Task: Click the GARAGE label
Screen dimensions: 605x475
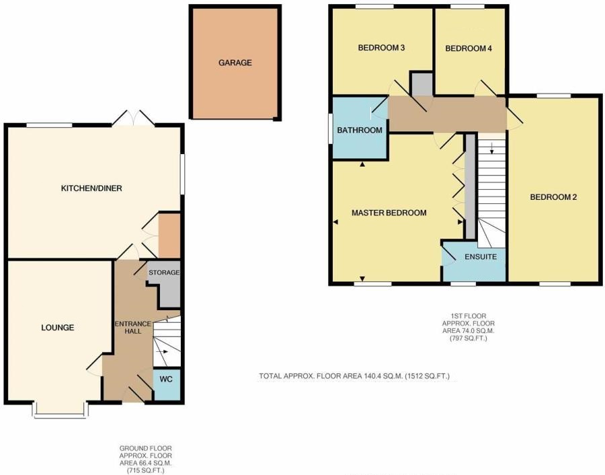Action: (235, 63)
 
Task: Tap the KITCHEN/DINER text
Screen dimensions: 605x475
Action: (91, 188)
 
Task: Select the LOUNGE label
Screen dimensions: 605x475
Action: (58, 328)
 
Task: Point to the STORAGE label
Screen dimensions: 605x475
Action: (164, 272)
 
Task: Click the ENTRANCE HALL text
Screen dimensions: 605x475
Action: (132, 328)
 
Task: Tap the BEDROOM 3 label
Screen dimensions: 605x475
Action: (381, 48)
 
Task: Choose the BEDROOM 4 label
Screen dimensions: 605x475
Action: (469, 48)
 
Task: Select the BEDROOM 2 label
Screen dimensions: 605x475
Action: (553, 197)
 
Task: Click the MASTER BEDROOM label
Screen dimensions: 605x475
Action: (389, 213)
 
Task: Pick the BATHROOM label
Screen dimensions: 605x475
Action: (360, 130)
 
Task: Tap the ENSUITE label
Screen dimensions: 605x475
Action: (481, 257)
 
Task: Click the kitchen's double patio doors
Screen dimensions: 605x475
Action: (134, 118)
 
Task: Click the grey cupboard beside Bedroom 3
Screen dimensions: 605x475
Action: (423, 84)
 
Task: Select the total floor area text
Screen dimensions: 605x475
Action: (354, 375)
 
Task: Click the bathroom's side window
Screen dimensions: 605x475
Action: (331, 129)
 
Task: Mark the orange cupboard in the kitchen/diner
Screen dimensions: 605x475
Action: (169, 235)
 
